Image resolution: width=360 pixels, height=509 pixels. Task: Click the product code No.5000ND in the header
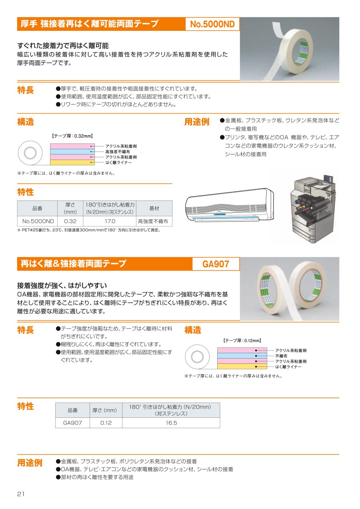pyautogui.click(x=212, y=24)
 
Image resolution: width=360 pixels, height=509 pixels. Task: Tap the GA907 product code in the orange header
pyautogui.click(x=216, y=264)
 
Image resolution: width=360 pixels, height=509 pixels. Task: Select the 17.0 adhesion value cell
pyautogui.click(x=110, y=221)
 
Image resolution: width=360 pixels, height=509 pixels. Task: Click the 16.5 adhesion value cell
pyautogui.click(x=171, y=423)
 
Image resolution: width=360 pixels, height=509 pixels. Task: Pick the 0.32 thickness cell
pyautogui.click(x=70, y=221)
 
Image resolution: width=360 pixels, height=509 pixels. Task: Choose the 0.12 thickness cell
pyautogui.click(x=106, y=423)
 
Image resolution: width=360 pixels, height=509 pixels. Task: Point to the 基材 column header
pyautogui.click(x=154, y=208)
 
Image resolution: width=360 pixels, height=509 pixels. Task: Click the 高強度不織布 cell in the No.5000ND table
pyautogui.click(x=153, y=221)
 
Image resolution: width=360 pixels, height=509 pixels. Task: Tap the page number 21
pyautogui.click(x=21, y=494)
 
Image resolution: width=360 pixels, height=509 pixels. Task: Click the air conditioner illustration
pyautogui.click(x=230, y=205)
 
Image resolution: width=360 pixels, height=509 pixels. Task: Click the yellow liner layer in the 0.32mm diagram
pyautogui.click(x=72, y=162)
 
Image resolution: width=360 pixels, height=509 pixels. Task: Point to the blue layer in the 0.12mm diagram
pyautogui.click(x=242, y=356)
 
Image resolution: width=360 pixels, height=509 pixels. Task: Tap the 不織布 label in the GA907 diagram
pyautogui.click(x=281, y=356)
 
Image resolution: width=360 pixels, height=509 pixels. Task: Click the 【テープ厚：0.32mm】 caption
pyautogui.click(x=72, y=136)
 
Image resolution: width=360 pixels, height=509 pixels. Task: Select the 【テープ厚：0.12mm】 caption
pyautogui.click(x=242, y=341)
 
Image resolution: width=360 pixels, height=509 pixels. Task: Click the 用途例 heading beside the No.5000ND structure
pyautogui.click(x=197, y=122)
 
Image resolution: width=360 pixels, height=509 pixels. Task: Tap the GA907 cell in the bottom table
pyautogui.click(x=72, y=423)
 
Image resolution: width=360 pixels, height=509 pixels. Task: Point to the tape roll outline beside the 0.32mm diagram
pyautogui.click(x=30, y=153)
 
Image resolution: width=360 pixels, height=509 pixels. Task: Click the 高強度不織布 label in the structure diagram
pyautogui.click(x=118, y=152)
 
